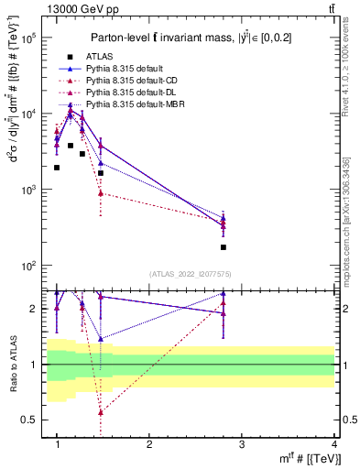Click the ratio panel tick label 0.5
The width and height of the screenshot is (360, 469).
29,420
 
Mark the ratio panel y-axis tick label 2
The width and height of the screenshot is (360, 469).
34,309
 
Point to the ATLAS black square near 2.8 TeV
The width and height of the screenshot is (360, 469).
224,247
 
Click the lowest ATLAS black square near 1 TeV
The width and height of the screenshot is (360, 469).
57,168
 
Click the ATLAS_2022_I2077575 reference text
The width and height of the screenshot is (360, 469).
191,274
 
